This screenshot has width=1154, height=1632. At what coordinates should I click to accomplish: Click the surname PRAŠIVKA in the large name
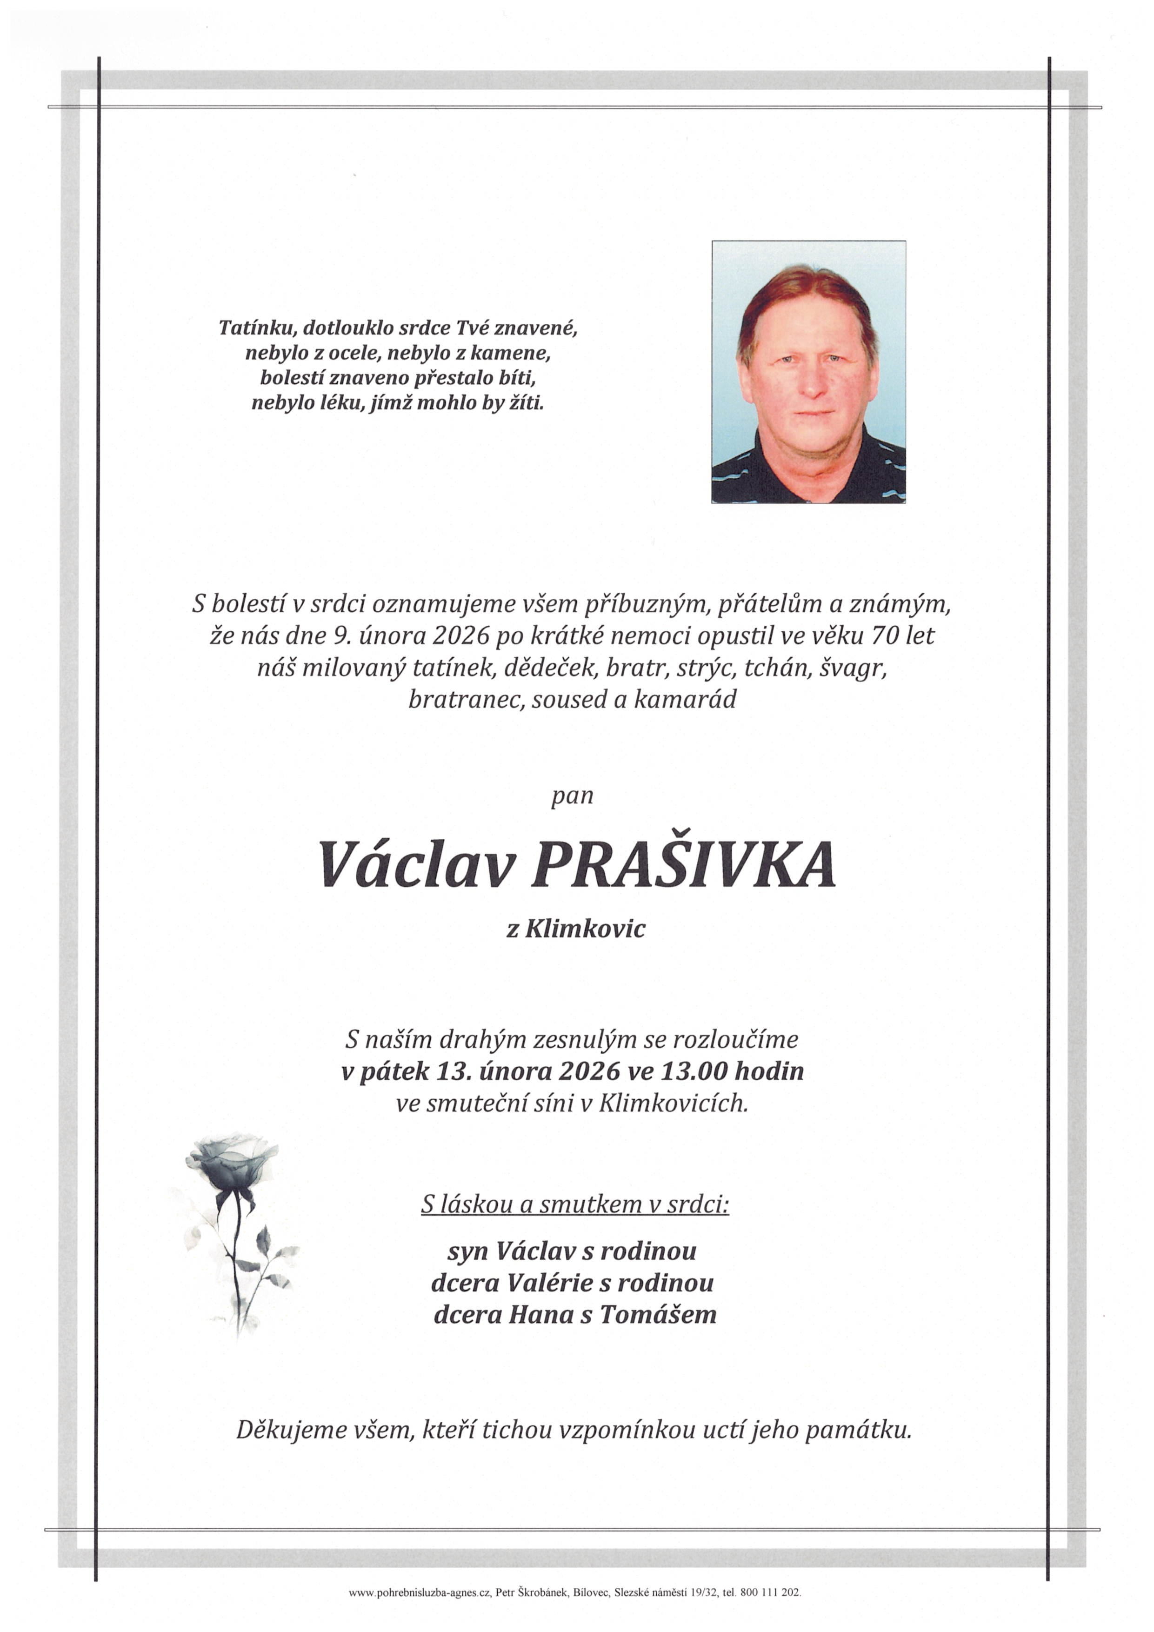coord(683,865)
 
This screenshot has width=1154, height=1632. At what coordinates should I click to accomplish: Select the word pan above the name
coord(573,796)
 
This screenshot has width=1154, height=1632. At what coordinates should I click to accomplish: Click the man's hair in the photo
coord(807,289)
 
